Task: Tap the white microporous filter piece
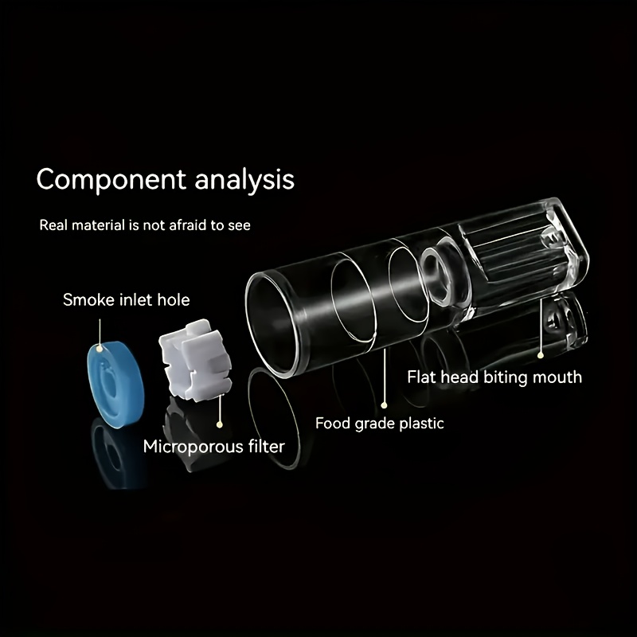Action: (x=195, y=360)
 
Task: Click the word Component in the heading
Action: (x=111, y=180)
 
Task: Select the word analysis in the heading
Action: (x=244, y=180)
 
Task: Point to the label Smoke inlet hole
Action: (x=127, y=300)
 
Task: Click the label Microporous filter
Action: (x=213, y=447)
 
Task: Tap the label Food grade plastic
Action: (x=380, y=424)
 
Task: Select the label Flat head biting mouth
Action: (x=494, y=377)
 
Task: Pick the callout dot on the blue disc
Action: (x=100, y=349)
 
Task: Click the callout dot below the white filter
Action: (x=220, y=424)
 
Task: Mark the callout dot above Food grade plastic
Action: (x=384, y=405)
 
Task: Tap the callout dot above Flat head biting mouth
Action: (x=541, y=355)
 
